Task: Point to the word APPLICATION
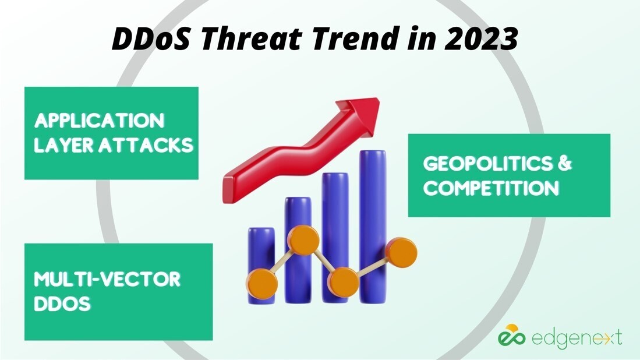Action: [99, 121]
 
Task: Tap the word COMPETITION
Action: [491, 188]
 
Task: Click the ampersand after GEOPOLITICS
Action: [564, 164]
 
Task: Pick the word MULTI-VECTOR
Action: [107, 279]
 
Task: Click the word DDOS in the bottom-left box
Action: [62, 303]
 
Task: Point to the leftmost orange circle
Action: [261, 283]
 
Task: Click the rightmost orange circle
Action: [402, 252]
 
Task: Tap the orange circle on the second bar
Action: [302, 241]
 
